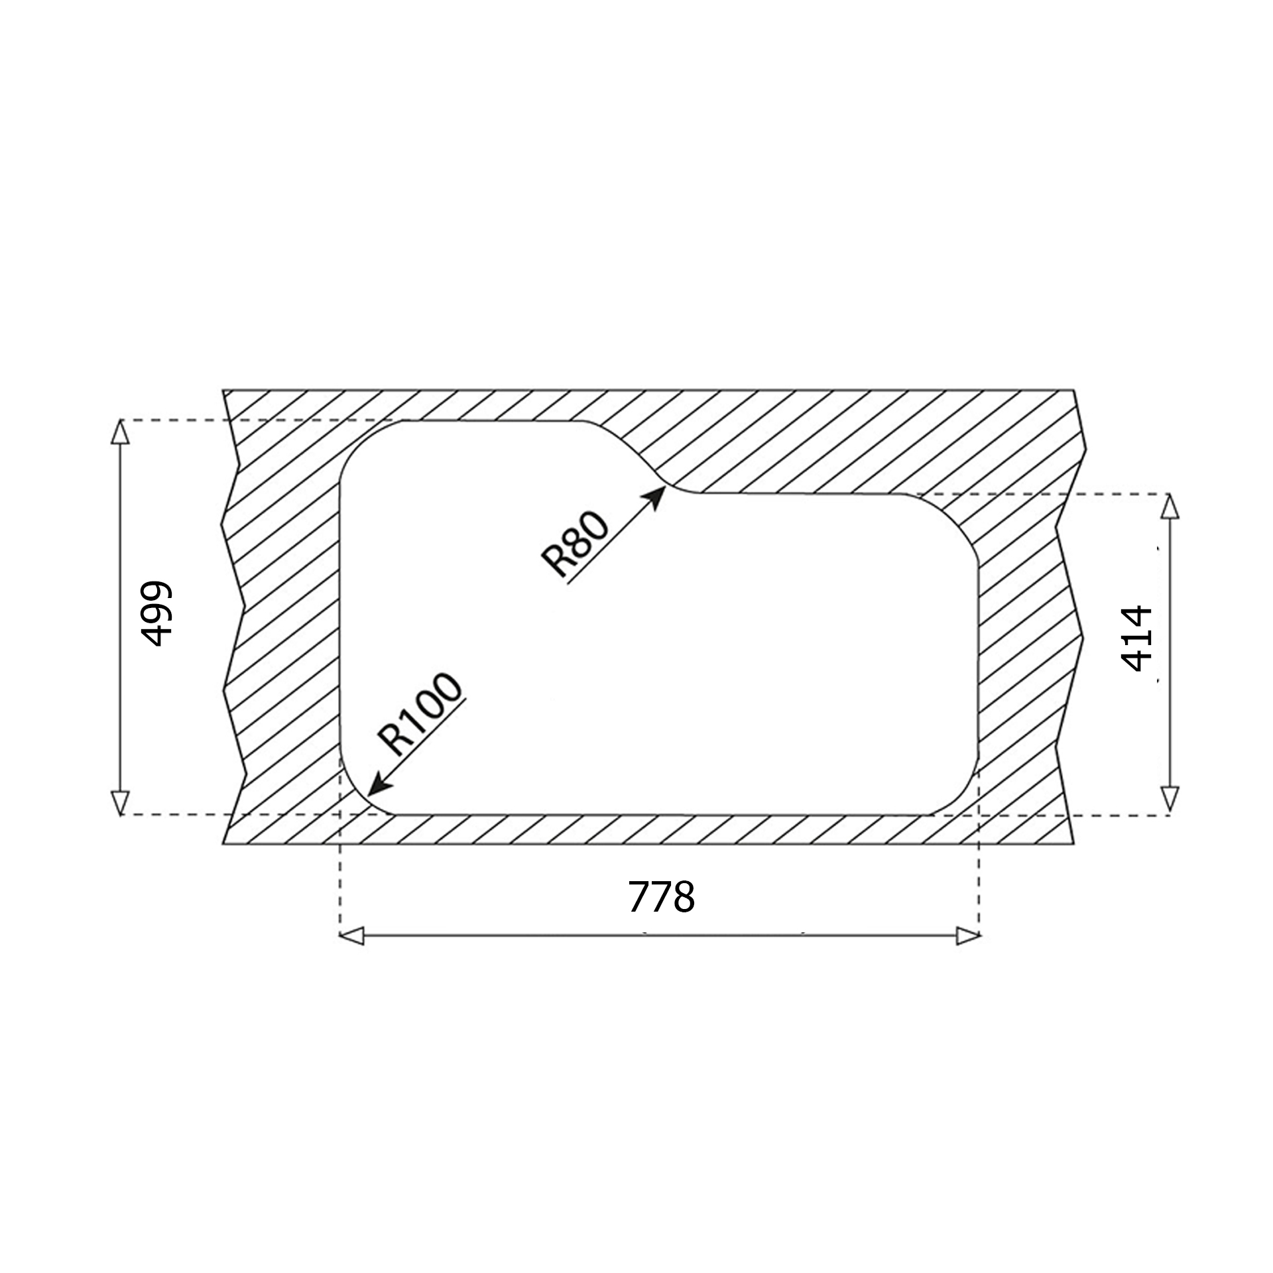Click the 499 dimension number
(157, 614)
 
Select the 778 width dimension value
(661, 897)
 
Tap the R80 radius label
(574, 545)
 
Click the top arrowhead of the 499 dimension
(119, 432)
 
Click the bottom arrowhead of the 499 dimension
(119, 803)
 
